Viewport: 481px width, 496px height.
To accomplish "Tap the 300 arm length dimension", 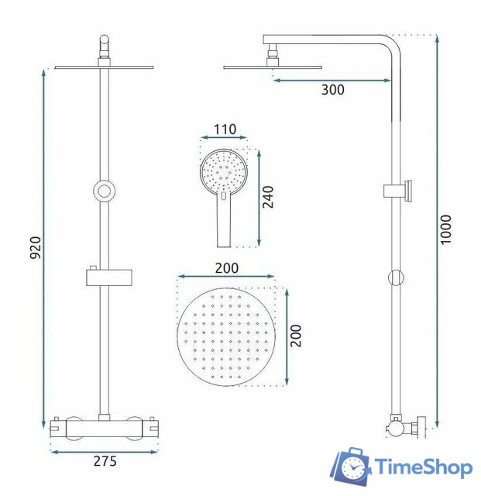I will coord(332,90).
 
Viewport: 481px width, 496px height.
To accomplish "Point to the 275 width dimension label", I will coord(105,461).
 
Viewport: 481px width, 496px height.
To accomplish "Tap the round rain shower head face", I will coord(226,336).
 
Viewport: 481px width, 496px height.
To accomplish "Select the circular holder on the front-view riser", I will coord(103,190).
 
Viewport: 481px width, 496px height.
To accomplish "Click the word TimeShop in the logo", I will coord(424,467).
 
